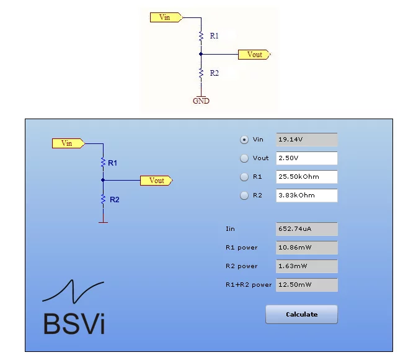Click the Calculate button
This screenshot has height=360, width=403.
[301, 314]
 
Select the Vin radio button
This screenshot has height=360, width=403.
[244, 140]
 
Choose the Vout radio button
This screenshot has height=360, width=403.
[244, 158]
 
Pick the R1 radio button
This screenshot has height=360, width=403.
[244, 177]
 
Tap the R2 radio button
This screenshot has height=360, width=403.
[244, 196]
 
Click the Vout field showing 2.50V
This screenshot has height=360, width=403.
[307, 158]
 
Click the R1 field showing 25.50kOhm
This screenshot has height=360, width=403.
[307, 177]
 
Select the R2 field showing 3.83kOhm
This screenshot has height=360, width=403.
[307, 196]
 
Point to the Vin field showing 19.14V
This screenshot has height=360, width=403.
[307, 140]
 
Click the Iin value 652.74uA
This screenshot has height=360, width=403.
[307, 229]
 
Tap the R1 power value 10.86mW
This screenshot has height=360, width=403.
[307, 248]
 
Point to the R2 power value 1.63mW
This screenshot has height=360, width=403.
[307, 266]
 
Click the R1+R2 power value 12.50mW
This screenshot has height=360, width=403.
[307, 285]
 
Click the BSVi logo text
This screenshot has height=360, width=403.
[74, 323]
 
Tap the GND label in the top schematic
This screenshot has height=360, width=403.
[201, 101]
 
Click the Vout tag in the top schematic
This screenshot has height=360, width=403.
[254, 55]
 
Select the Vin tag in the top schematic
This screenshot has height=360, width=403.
[166, 17]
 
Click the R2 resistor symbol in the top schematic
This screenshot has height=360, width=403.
[201, 73]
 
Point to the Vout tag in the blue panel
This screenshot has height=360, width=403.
[156, 181]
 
